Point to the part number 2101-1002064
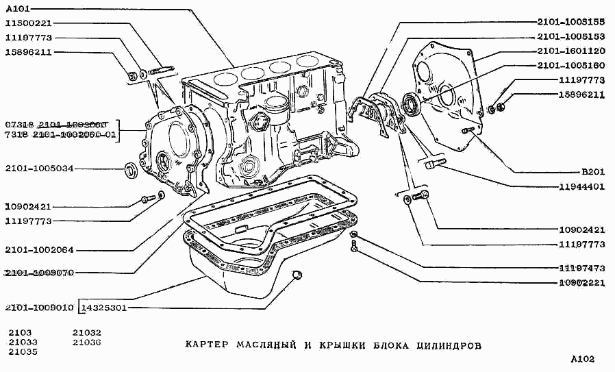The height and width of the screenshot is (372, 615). click(39, 250)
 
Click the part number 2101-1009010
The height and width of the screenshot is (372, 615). click(39, 308)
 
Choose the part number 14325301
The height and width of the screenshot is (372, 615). click(103, 308)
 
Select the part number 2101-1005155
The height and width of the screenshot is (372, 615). click(571, 21)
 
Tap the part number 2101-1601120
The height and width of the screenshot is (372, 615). click(571, 51)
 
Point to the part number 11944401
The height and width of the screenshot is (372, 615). click(581, 186)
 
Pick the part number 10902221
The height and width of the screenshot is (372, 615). click(581, 282)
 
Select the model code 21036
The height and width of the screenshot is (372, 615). click(86, 342)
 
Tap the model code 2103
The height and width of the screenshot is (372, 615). click(20, 332)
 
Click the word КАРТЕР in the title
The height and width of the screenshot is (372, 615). click(207, 345)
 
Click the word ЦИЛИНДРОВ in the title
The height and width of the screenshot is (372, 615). click(449, 345)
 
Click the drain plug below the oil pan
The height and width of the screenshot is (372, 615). click(297, 275)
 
